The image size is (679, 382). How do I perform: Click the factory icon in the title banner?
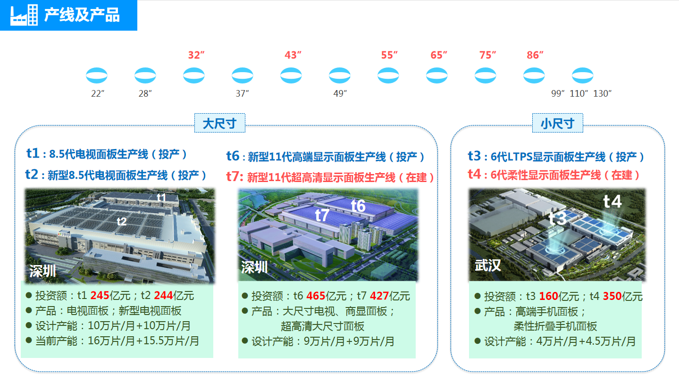pos(24,15)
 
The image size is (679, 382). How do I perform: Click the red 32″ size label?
pos(196,55)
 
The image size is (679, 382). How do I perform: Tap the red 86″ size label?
pos(535,55)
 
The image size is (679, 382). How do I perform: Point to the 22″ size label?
pos(98,93)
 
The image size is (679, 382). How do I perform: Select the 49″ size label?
pos(340,93)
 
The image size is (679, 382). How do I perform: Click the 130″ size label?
pos(602,93)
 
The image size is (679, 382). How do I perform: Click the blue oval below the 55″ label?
pos(388,75)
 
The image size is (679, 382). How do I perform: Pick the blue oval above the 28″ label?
pos(145,75)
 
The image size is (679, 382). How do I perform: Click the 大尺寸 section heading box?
pos(220,123)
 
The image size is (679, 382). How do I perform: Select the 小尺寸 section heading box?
pos(557,123)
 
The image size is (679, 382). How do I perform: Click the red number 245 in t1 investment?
pos(100,295)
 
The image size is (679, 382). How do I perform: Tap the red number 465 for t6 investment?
pos(316,296)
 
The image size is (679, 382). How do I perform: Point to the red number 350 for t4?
pos(612,296)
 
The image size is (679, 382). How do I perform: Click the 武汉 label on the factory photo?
pos(487,266)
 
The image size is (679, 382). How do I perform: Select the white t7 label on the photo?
pos(322,215)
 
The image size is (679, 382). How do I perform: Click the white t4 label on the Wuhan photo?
pos(612,201)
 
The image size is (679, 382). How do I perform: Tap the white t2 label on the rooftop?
pos(122,222)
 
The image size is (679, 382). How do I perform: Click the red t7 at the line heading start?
pos(235,176)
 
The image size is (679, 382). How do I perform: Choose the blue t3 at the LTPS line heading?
pos(474,156)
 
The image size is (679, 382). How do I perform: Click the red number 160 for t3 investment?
pos(549,296)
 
